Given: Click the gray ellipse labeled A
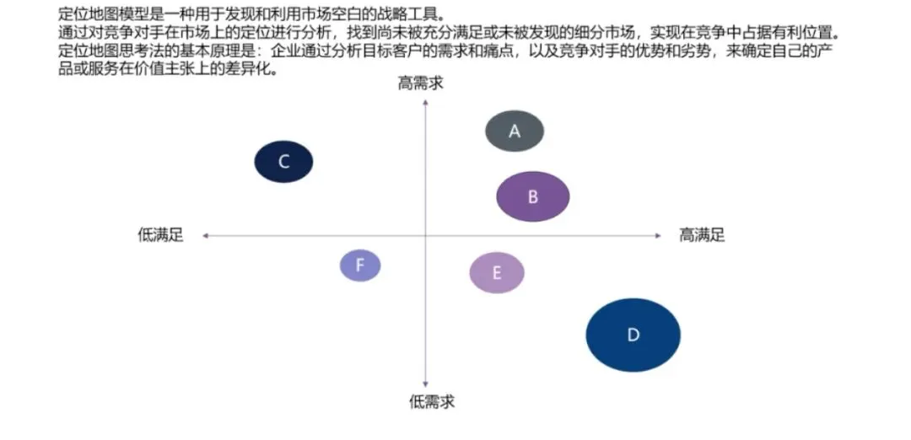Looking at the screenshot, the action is tap(515, 131).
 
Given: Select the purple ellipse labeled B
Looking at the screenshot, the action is tap(533, 196).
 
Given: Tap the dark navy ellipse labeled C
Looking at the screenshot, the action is tap(284, 162).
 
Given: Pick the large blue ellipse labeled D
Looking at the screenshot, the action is tap(633, 335).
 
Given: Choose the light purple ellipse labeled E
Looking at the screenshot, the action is tap(497, 272).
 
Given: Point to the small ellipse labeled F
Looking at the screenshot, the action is tap(360, 266).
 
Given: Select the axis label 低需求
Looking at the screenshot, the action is tap(432, 401).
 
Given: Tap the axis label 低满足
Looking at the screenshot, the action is tap(160, 235).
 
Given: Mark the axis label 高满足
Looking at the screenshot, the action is tap(702, 235).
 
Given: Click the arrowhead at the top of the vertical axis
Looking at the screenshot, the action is tap(425, 102).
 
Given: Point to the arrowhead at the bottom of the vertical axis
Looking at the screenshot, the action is tap(425, 384).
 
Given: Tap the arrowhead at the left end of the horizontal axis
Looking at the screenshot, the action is tap(205, 236).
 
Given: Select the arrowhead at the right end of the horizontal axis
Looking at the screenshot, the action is tap(659, 236).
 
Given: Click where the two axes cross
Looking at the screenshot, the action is tap(425, 236).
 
